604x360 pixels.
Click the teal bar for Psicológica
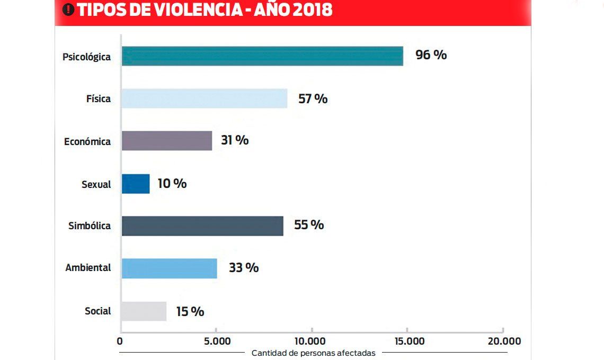point(262,56)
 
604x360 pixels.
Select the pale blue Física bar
point(204,98)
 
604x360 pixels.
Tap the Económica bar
point(167,141)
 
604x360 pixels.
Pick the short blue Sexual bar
point(136,184)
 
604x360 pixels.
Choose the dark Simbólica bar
point(202,226)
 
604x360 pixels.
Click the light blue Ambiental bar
point(169,268)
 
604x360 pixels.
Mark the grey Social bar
point(144,311)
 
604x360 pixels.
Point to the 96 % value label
point(431,55)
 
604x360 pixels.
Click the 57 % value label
point(313,98)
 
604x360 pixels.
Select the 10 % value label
point(172,184)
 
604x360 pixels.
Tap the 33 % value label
point(244,268)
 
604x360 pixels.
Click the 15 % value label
point(190,312)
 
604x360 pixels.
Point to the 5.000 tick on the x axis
point(217,341)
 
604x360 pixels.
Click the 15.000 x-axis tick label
point(407,341)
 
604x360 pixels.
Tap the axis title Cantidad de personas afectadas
point(313,353)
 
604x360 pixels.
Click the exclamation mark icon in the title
point(68,10)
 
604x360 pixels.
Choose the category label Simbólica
point(90,226)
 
